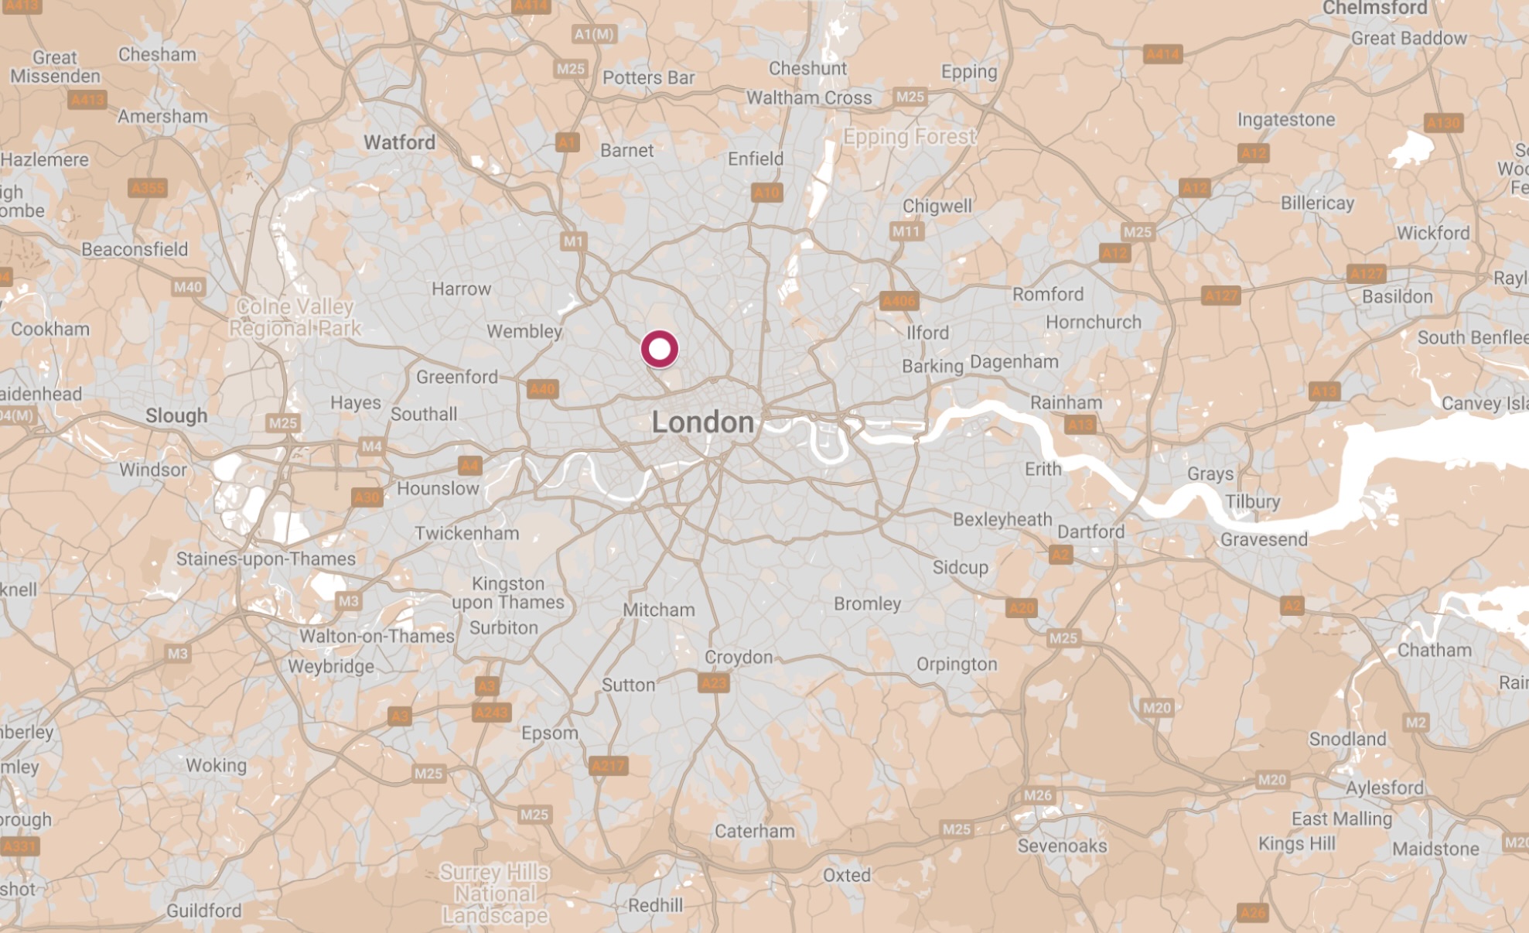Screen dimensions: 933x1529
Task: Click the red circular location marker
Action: pos(660,349)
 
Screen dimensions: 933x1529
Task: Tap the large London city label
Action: pos(702,422)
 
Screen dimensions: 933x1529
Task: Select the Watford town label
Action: pos(399,142)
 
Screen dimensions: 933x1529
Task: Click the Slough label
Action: pos(176,415)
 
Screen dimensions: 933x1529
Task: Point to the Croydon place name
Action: pos(738,658)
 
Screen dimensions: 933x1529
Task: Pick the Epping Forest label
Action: pos(910,137)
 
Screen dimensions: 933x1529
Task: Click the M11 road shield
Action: pos(906,231)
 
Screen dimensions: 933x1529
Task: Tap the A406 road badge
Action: pos(898,301)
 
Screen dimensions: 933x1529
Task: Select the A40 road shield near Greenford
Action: pos(542,389)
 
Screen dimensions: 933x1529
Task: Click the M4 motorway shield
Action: pos(371,446)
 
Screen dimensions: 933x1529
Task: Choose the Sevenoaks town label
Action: pos(1062,846)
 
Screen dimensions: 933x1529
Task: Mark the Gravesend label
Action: pos(1264,539)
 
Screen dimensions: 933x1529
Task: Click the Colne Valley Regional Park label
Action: pos(295,317)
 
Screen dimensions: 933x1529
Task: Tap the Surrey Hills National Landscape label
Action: pos(495,894)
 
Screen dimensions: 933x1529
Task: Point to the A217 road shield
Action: pos(608,766)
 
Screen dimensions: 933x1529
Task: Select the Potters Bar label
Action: pos(648,78)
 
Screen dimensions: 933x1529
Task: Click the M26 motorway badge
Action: pos(1037,795)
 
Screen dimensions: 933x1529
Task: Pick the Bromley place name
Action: pos(867,603)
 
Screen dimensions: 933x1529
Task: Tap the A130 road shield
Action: pos(1443,123)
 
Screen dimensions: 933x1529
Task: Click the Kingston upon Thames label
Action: pos(508,593)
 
